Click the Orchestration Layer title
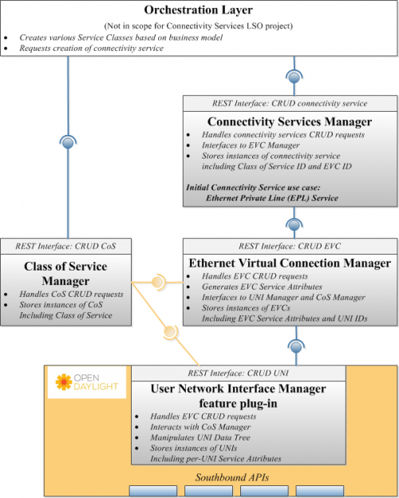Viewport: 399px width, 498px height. [198, 10]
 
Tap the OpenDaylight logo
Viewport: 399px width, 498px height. [87, 382]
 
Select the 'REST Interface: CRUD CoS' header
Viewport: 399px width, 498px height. [65, 247]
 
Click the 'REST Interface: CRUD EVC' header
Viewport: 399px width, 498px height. [290, 247]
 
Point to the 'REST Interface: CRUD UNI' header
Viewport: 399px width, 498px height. [239, 373]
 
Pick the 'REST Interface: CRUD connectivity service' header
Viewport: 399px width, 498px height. [290, 104]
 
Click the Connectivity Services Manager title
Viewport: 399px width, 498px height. [290, 121]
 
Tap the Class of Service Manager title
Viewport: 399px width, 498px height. [65, 274]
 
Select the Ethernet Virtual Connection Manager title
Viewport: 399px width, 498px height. [290, 263]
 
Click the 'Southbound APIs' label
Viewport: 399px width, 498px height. [232, 477]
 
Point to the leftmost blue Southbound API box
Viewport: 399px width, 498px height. [153, 491]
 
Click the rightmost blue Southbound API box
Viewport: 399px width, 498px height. [320, 491]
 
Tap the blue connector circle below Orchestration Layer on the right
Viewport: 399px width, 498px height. [294, 77]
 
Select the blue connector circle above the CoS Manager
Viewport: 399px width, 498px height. [68, 143]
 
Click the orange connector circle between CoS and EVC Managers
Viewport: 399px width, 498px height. [157, 282]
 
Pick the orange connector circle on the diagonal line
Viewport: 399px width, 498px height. [170, 332]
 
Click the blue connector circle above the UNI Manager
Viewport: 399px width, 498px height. [296, 347]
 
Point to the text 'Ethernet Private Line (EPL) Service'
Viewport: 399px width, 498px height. [272, 198]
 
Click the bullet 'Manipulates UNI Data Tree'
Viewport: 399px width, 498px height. [200, 437]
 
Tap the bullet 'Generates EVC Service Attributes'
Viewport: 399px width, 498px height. [262, 287]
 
